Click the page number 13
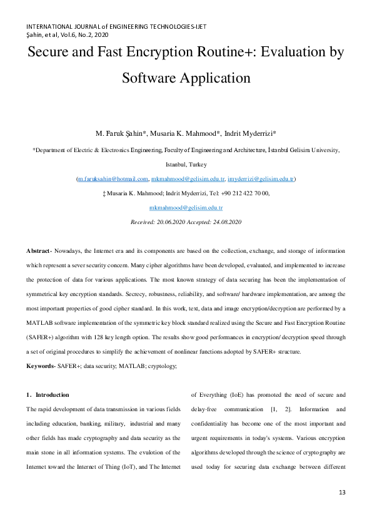point(342,493)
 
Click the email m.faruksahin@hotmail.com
point(113,179)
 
